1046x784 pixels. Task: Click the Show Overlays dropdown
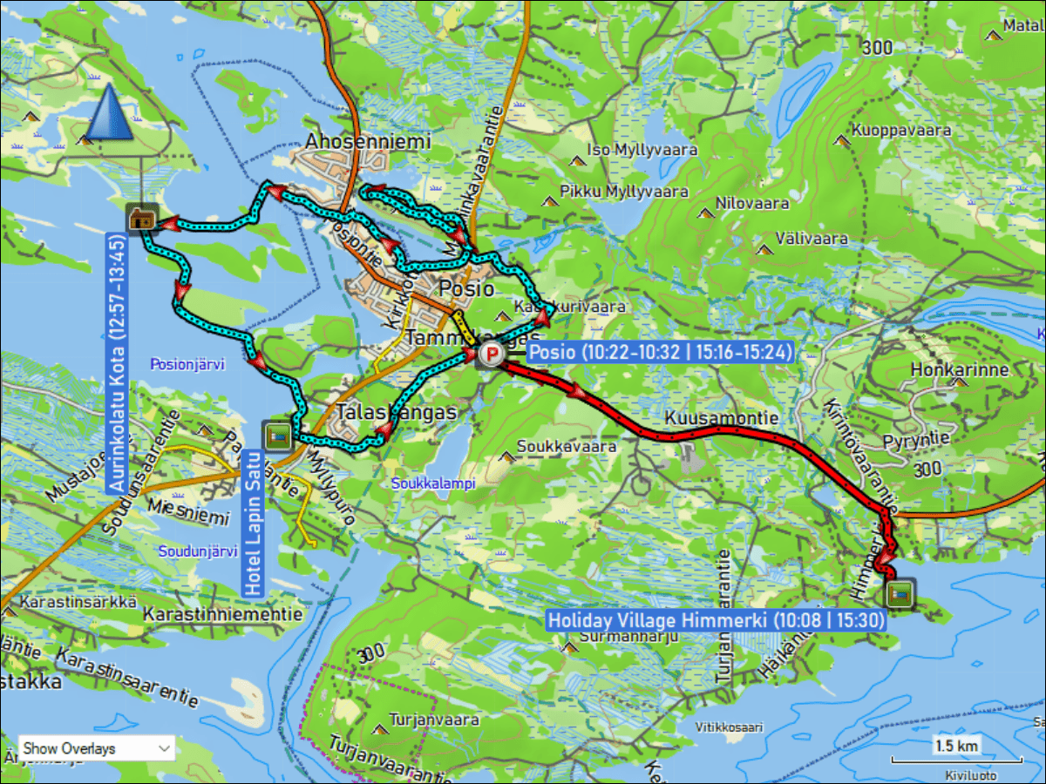pos(96,747)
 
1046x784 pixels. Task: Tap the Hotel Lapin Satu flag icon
pos(277,436)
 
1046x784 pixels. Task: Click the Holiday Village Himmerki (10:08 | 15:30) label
pos(716,620)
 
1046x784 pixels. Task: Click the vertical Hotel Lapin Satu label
pos(252,524)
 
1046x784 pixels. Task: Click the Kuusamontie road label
pos(721,419)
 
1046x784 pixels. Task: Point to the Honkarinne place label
pos(959,369)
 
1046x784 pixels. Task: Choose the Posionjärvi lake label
pos(187,363)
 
